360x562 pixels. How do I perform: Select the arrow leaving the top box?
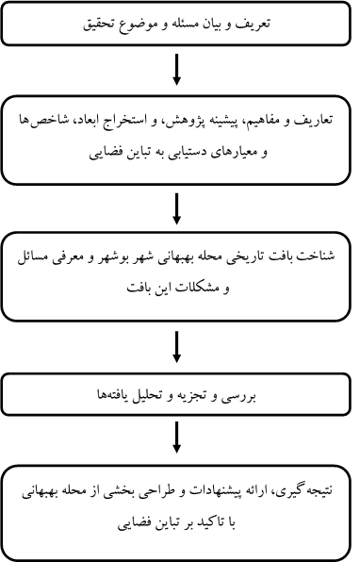(x=176, y=70)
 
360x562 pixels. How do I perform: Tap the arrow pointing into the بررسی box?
(x=176, y=347)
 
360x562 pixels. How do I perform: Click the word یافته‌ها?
(x=122, y=396)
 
